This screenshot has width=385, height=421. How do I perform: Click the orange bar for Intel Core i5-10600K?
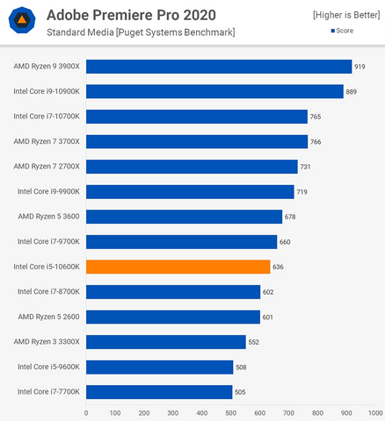(178, 267)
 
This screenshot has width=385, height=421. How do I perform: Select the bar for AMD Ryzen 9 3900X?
(219, 67)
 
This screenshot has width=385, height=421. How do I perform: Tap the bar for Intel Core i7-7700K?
(159, 392)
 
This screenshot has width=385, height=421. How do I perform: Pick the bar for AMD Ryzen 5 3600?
(184, 217)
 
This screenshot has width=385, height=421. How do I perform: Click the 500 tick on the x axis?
(230, 412)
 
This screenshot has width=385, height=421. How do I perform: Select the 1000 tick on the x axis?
(374, 412)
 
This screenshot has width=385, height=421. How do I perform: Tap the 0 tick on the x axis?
(86, 412)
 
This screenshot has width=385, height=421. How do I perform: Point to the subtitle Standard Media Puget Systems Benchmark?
(140, 32)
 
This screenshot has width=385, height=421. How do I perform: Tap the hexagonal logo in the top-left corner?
(21, 22)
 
